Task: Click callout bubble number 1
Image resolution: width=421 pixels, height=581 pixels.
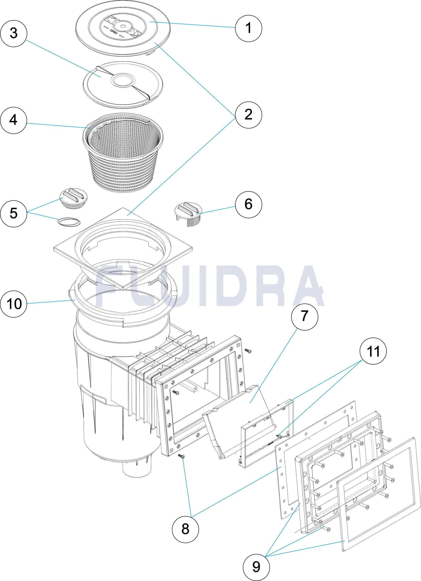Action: click(x=248, y=28)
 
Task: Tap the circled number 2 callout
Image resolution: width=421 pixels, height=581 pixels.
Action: click(x=248, y=115)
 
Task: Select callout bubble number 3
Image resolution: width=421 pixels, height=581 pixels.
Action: click(x=14, y=34)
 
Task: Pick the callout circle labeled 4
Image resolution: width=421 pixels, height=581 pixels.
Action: click(x=14, y=120)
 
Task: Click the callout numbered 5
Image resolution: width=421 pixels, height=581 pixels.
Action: click(x=14, y=213)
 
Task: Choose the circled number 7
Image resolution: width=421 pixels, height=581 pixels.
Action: click(x=305, y=316)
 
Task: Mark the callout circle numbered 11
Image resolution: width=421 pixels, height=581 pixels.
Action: click(x=373, y=351)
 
